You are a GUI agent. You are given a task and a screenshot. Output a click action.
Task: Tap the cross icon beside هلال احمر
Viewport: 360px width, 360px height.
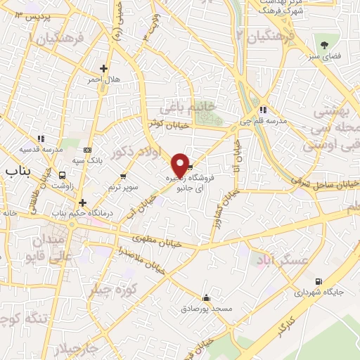pyautogui.click(x=103, y=69)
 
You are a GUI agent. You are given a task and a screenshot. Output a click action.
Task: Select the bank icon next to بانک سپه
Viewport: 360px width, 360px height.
pyautogui.click(x=87, y=150)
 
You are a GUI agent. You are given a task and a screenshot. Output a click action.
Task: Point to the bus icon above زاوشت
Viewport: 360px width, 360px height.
pyautogui.click(x=63, y=175)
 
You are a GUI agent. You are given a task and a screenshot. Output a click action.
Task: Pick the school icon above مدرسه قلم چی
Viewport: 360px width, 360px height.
pyautogui.click(x=263, y=110)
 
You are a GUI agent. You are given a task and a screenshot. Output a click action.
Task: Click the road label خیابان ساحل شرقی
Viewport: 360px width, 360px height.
pyautogui.click(x=326, y=184)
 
